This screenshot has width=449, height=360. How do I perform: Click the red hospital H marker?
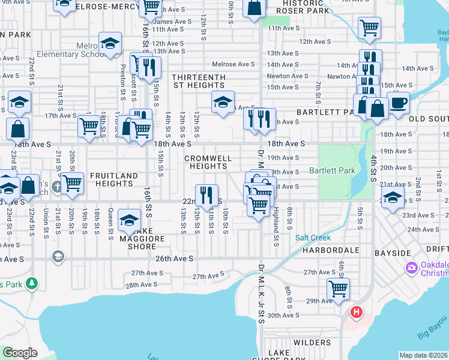357,312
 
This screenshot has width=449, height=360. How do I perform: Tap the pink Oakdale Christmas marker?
412,267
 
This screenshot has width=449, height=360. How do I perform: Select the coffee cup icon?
398,103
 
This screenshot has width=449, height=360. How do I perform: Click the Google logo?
20,353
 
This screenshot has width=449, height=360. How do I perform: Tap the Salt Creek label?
310,238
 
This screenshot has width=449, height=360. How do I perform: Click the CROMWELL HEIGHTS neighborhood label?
207,162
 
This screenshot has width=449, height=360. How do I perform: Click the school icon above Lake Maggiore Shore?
129,220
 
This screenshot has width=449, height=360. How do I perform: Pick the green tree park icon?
30,283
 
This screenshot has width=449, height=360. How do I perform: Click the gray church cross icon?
56,185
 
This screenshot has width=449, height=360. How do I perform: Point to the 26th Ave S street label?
175,259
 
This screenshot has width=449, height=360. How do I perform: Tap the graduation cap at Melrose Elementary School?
110,44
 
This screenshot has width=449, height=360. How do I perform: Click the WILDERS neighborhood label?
312,343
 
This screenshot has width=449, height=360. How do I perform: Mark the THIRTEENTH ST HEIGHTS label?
199,82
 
